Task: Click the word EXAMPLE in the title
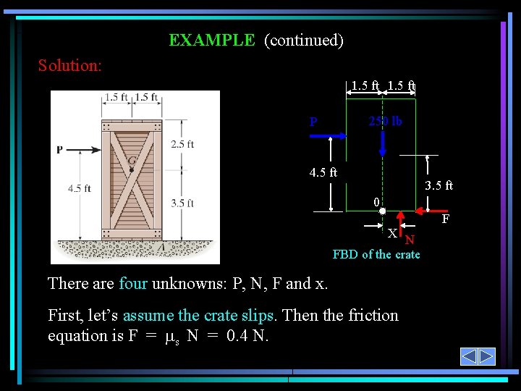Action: click(x=211, y=41)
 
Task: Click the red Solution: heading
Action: click(x=69, y=66)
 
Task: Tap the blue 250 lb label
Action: click(x=385, y=122)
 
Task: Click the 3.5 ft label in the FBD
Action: click(x=439, y=186)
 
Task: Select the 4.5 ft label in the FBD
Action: click(x=323, y=172)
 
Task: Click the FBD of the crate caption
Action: click(x=376, y=254)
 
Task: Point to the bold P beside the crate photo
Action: click(x=60, y=150)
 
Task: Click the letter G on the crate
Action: click(x=132, y=160)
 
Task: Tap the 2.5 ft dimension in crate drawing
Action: click(x=182, y=144)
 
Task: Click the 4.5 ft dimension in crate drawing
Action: click(x=79, y=188)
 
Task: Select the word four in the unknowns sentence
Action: click(x=133, y=284)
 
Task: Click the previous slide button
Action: click(x=469, y=356)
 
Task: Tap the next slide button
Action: click(x=486, y=356)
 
